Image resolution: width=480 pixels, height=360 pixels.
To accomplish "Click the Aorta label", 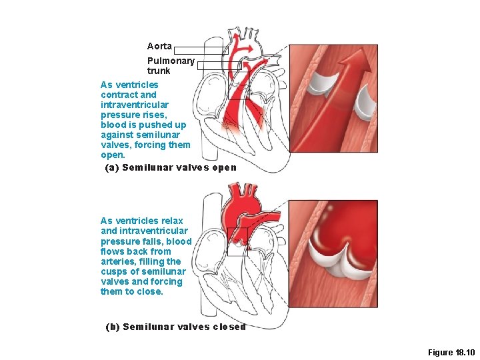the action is (159, 47).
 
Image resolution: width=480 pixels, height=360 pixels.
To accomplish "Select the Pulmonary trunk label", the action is (171, 65).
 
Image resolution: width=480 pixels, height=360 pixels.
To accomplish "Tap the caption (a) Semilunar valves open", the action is (171, 167).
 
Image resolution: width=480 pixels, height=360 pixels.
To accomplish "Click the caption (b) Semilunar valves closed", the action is (175, 327).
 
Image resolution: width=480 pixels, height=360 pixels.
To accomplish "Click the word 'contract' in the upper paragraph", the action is (117, 95).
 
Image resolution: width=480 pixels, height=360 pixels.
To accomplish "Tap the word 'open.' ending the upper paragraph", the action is (113, 155).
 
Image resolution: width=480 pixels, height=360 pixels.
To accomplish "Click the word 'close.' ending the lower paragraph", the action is (150, 291).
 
